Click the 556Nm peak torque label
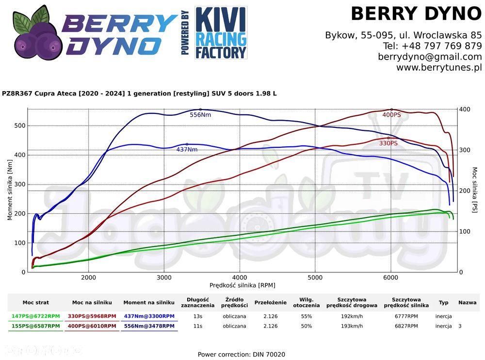click(200, 115)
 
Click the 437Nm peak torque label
click(187, 150)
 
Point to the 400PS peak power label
click(391, 115)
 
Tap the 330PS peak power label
click(388, 143)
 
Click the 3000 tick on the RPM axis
click(164, 278)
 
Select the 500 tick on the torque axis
click(20, 126)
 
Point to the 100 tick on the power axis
click(465, 232)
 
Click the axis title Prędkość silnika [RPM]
click(242, 285)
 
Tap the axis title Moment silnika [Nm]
click(10, 190)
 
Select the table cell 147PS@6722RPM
click(35, 316)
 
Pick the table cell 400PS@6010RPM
click(92, 326)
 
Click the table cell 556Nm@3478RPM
click(149, 326)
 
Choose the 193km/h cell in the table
click(352, 326)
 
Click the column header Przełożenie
click(270, 302)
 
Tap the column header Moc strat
click(35, 302)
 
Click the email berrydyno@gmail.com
click(430, 57)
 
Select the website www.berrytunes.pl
click(439, 67)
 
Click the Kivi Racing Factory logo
click(221, 33)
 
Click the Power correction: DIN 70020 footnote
click(242, 355)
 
